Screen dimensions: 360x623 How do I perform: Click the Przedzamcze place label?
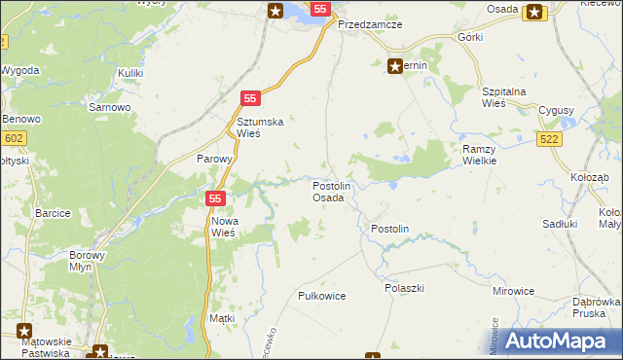370,25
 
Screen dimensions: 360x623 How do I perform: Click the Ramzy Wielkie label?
480,155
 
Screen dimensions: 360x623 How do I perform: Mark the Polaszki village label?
404,288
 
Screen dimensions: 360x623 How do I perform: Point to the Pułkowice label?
322,295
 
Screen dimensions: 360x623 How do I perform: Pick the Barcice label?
53,212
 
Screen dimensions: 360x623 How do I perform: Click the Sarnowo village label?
107,107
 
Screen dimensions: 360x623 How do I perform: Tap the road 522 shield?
549,141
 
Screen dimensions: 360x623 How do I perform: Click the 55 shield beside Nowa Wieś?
216,198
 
